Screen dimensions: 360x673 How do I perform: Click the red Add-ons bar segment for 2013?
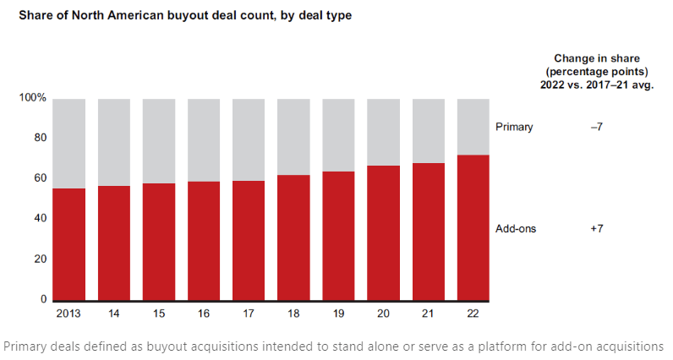(68, 244)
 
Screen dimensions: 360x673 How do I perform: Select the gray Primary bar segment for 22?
(473, 127)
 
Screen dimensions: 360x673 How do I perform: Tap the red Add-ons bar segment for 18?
(293, 237)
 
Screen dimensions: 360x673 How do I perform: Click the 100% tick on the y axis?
(32, 98)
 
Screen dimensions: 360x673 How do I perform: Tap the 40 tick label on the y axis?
(39, 218)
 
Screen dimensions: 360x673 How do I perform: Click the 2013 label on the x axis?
(68, 314)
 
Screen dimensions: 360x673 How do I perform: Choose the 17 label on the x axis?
(249, 314)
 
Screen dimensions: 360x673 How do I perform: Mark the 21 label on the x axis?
(428, 314)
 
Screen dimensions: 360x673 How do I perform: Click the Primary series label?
(514, 127)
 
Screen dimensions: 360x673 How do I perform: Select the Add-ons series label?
(516, 229)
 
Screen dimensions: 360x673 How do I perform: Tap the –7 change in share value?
(597, 127)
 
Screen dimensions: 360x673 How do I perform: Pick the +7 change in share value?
(597, 229)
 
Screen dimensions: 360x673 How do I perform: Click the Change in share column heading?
(597, 72)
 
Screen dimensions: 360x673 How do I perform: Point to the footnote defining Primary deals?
(334, 346)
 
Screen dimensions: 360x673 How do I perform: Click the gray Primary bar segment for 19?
(338, 135)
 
